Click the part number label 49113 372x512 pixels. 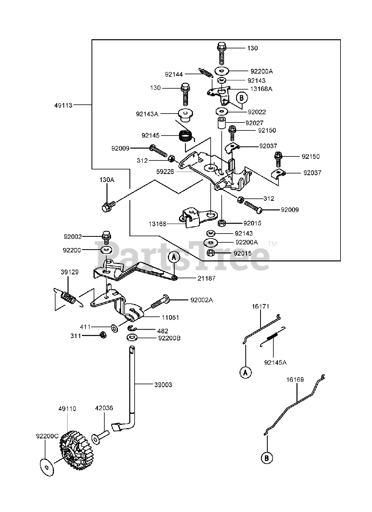[x=63, y=105]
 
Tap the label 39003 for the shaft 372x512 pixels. [x=163, y=385]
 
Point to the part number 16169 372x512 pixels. [x=295, y=380]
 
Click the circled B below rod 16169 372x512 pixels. [x=267, y=458]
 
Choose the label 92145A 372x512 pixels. [x=275, y=362]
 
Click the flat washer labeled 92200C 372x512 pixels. [x=47, y=467]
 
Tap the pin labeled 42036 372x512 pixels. [x=100, y=437]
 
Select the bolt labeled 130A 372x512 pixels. [x=108, y=206]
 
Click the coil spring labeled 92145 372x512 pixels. [x=185, y=137]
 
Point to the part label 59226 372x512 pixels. [x=165, y=172]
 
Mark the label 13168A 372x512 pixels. [x=261, y=89]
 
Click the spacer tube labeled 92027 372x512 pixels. [x=221, y=123]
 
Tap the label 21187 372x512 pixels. [x=206, y=278]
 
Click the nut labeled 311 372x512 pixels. [x=103, y=335]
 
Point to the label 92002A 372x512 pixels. [x=202, y=300]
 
